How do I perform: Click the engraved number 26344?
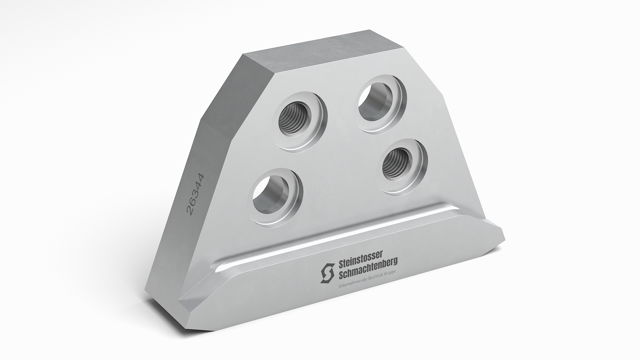pos(196,194)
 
